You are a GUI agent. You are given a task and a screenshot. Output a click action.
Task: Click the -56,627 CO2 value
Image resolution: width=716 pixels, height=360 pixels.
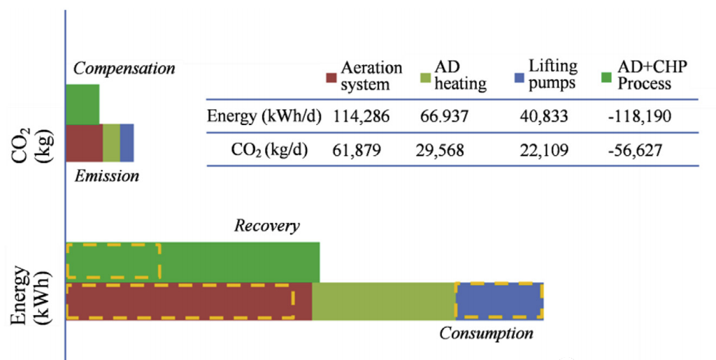point(638,150)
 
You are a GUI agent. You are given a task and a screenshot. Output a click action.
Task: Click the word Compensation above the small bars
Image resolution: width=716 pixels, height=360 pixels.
point(124,69)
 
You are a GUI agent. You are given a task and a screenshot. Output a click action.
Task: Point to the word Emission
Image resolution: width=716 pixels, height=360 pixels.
point(107,176)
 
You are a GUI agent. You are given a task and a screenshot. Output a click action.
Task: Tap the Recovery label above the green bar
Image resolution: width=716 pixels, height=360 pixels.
point(266,226)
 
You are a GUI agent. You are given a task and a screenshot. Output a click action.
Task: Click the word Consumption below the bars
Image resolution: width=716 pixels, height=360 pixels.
point(486,333)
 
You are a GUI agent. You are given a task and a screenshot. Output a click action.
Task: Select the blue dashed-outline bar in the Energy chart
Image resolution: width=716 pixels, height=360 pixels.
point(499,301)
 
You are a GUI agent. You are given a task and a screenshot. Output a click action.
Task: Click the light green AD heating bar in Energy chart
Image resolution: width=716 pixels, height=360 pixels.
point(383,301)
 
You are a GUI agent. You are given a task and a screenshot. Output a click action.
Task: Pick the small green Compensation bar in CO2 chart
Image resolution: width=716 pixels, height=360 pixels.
point(83,104)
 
